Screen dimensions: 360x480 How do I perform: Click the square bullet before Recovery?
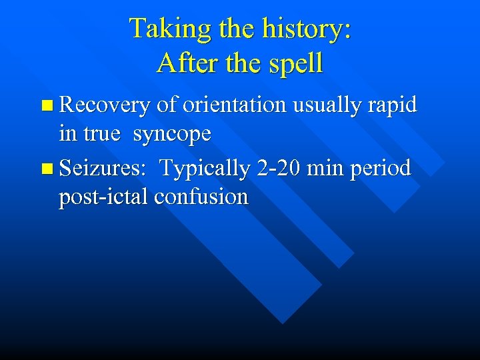pyautogui.click(x=45, y=105)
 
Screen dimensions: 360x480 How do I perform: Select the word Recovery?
pyautogui.click(x=104, y=105)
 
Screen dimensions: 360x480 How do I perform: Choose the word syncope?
pyautogui.click(x=172, y=135)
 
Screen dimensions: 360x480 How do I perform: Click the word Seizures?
pyautogui.click(x=103, y=169)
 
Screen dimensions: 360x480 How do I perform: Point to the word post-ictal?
pyautogui.click(x=103, y=197)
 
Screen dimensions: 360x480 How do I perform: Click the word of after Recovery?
pyautogui.click(x=167, y=105)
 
